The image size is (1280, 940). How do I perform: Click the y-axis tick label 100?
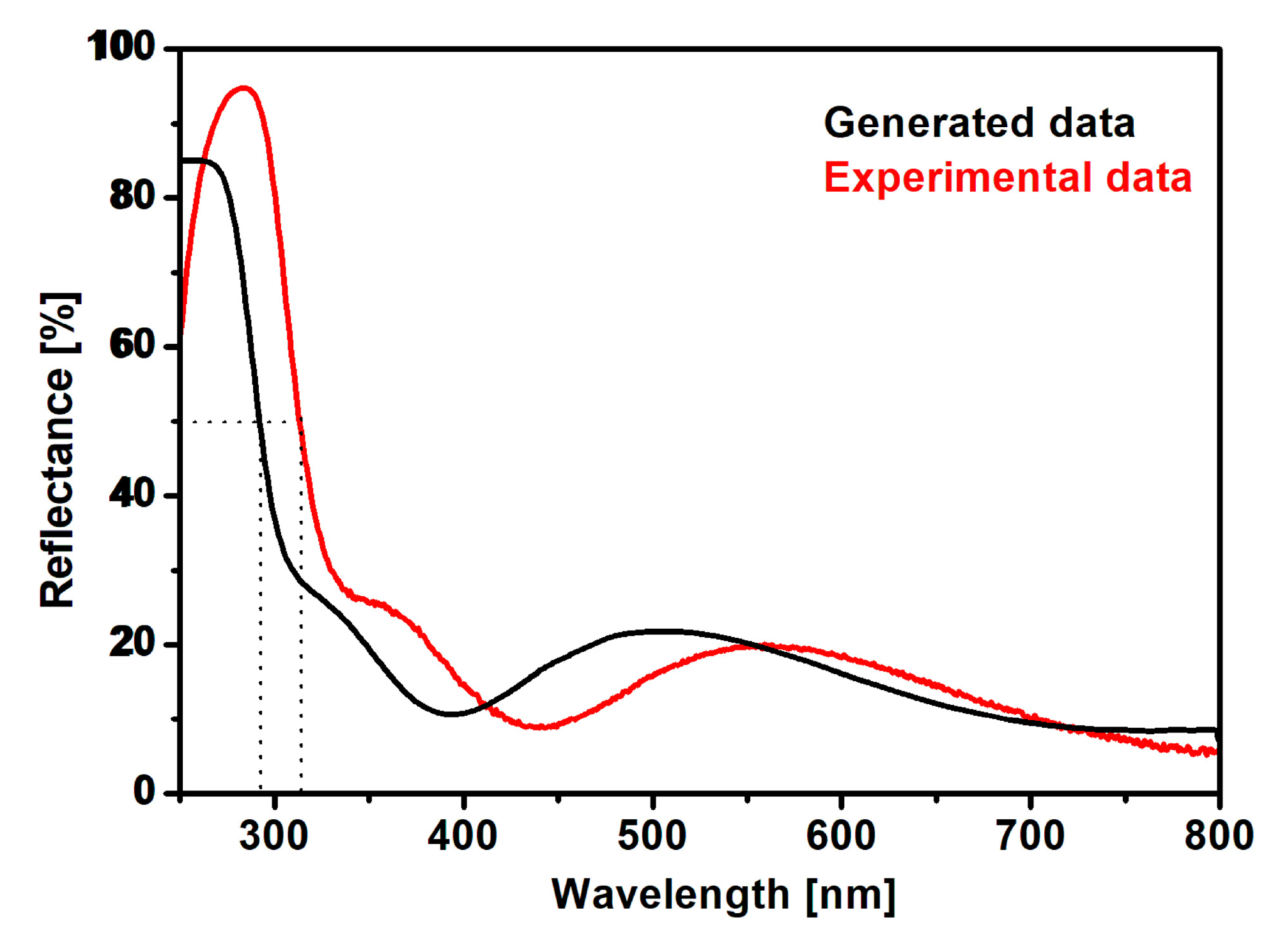[121, 47]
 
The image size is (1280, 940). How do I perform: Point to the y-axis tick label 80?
[132, 196]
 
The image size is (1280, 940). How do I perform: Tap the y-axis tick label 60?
[132, 345]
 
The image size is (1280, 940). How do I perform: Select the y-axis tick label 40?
[132, 494]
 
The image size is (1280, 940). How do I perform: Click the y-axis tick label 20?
[132, 643]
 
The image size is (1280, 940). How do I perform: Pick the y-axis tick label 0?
[144, 792]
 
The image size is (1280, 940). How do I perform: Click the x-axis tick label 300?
[274, 836]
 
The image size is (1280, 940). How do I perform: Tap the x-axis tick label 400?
[463, 836]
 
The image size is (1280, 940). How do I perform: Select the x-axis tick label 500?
[652, 836]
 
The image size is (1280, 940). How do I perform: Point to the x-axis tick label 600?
[841, 836]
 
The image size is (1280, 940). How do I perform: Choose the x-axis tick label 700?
[1030, 836]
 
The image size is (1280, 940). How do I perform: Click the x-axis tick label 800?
[1218, 836]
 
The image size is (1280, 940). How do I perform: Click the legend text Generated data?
[979, 123]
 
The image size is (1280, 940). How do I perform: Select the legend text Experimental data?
[1008, 177]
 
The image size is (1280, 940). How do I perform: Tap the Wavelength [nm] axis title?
[723, 895]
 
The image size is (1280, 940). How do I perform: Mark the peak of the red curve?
[243, 88]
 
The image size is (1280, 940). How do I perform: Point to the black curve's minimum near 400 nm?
[451, 714]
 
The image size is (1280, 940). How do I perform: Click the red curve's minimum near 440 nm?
[540, 727]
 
